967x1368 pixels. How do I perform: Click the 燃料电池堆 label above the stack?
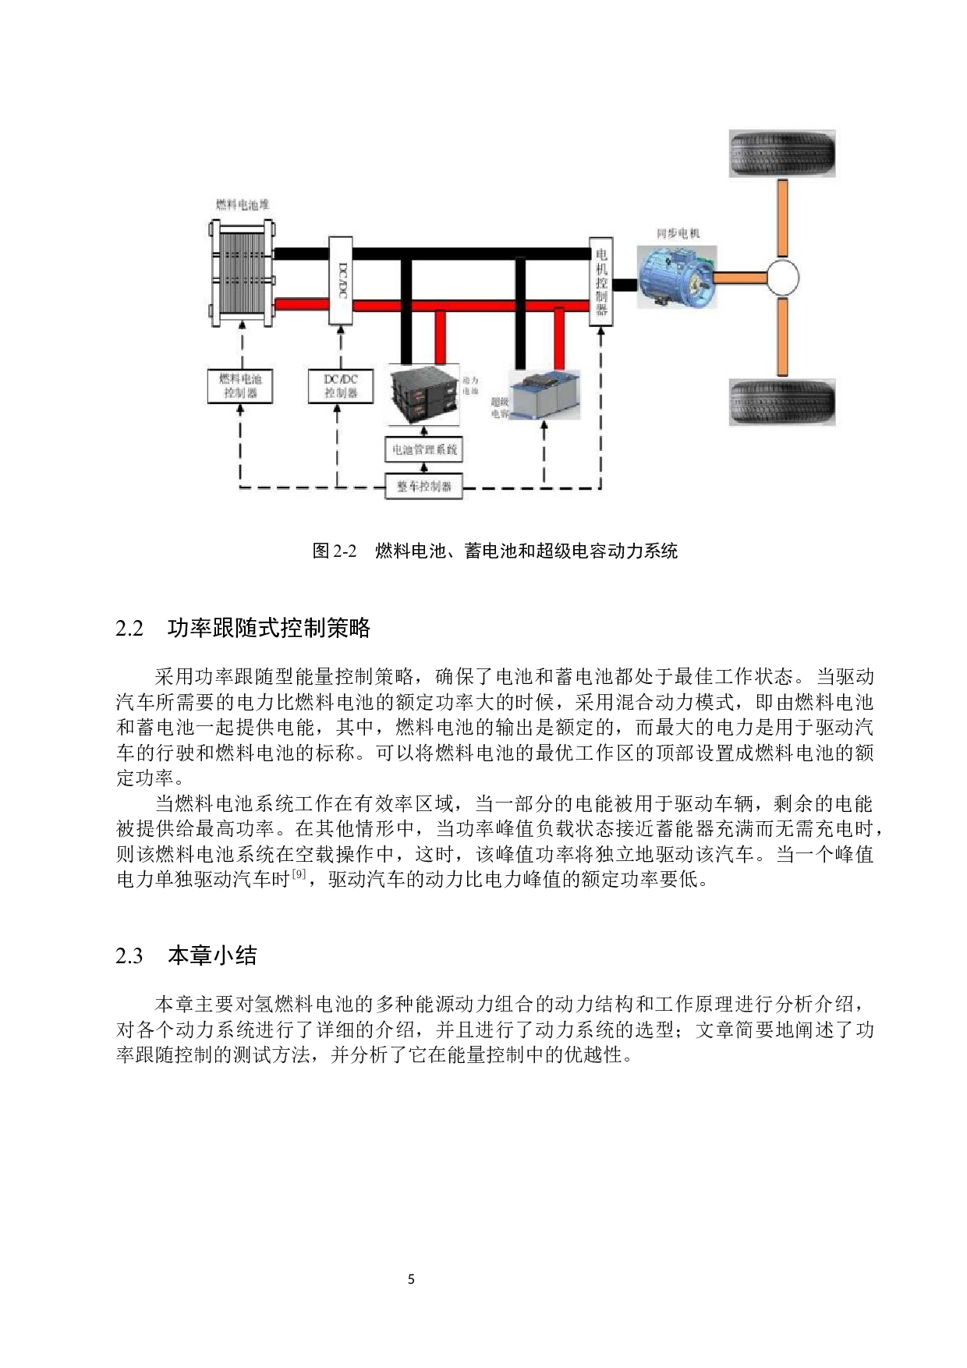point(243,204)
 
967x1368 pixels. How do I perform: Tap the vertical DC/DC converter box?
point(341,281)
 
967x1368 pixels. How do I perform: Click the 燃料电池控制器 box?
point(240,386)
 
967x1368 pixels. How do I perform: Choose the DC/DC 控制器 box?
point(341,386)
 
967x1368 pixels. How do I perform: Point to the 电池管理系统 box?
point(424,450)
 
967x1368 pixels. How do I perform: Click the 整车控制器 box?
point(424,486)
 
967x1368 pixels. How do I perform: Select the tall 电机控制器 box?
point(600,282)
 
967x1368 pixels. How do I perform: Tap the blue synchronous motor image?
point(675,276)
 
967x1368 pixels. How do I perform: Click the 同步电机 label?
point(678,233)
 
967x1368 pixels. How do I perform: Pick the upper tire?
point(781,154)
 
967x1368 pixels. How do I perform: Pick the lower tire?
point(781,402)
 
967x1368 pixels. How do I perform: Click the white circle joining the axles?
point(782,277)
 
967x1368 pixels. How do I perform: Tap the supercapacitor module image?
point(545,394)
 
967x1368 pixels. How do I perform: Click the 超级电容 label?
point(500,408)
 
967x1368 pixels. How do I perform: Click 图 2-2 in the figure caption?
point(334,551)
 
